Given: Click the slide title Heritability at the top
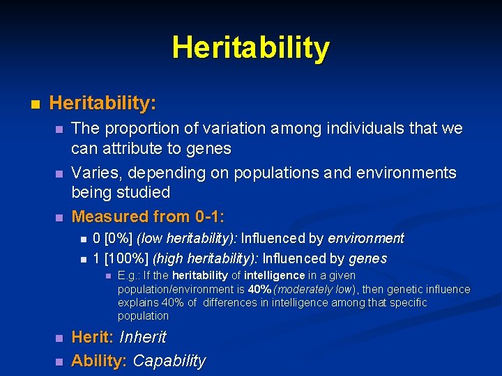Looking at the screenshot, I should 251,48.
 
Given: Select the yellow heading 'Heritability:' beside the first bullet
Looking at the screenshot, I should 102,104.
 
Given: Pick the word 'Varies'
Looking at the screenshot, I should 94,173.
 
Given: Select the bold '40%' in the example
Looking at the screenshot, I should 260,289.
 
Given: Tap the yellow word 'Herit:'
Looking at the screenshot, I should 93,338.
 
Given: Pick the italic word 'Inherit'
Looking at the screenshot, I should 143,338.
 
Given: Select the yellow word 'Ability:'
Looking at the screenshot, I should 100,361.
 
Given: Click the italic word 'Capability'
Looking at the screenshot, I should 169,361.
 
